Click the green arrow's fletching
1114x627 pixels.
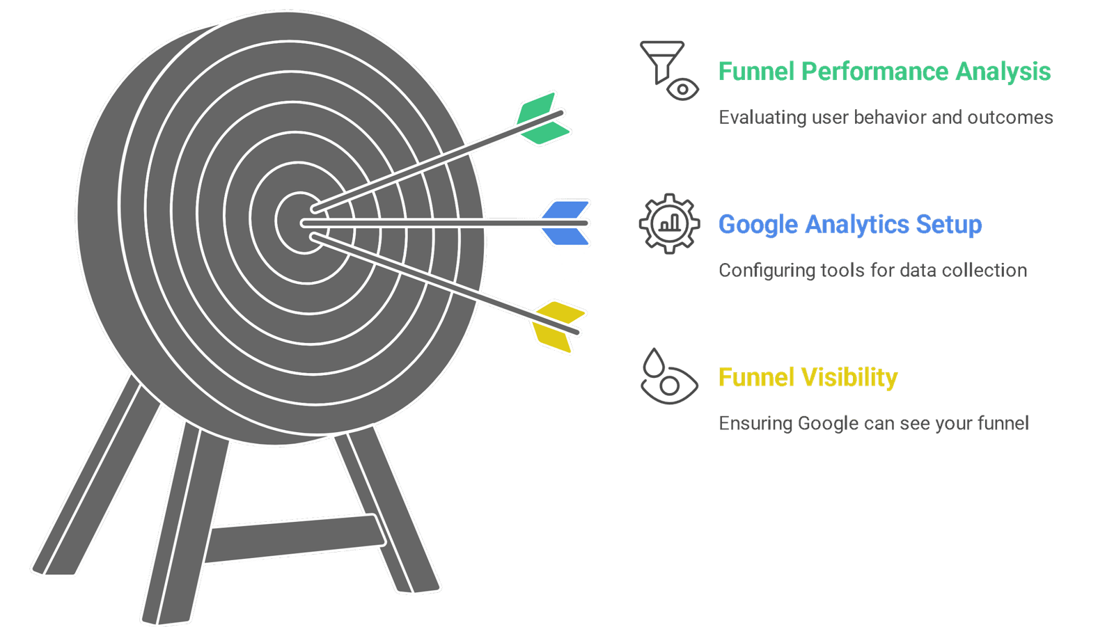coord(543,119)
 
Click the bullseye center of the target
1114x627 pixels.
coord(300,223)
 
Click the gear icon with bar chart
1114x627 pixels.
coord(669,224)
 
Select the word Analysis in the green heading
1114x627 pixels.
coord(1003,72)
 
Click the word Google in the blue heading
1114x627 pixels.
coord(758,225)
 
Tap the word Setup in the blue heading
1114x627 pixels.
coord(949,225)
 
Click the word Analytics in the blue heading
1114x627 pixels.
coord(857,225)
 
